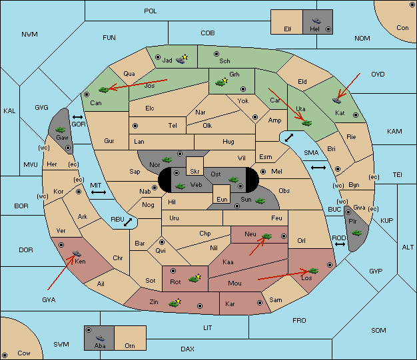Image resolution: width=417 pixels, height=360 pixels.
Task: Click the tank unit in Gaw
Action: point(61,130)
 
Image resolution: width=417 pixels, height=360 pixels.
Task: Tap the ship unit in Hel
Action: point(316,21)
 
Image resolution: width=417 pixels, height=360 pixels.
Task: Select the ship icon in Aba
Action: point(101,337)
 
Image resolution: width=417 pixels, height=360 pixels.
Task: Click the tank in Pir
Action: point(356,233)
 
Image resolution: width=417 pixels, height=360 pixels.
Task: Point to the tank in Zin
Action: point(174,303)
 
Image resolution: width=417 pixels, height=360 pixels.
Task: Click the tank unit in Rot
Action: point(194,279)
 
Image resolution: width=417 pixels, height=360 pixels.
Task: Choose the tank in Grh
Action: point(220,83)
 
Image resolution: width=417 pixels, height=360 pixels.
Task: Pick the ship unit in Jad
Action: point(181,61)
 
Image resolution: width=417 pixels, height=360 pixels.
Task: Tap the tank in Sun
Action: point(260,201)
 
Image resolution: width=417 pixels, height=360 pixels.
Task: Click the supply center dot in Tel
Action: point(135,125)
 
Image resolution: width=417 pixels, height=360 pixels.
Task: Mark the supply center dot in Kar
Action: point(260,303)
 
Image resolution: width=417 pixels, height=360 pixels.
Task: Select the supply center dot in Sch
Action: point(216,54)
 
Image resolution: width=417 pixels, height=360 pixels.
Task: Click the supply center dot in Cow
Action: point(5,355)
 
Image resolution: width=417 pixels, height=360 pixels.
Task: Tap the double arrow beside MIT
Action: point(99,192)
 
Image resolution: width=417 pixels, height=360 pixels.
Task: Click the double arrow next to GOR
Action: point(78,117)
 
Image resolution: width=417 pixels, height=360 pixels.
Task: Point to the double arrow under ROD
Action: point(340,244)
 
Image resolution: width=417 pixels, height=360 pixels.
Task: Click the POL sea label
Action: point(151,11)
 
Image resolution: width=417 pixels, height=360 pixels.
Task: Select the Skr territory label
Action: point(195,172)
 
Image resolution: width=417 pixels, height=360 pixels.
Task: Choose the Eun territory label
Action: point(222,199)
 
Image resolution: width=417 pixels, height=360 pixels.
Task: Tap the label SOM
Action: point(378,330)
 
